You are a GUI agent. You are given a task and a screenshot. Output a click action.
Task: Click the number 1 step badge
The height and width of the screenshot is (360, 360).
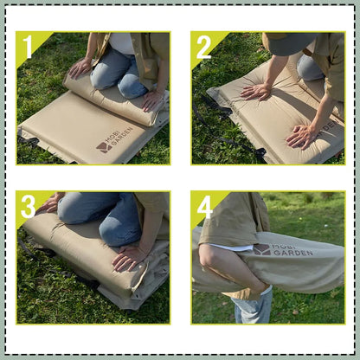tap(29, 47)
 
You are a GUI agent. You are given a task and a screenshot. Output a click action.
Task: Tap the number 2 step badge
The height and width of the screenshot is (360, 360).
tap(203, 47)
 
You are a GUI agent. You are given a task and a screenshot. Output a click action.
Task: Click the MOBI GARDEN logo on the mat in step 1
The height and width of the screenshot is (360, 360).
tap(115, 139)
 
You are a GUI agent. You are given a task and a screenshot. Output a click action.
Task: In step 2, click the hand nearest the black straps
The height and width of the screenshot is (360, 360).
tap(255, 91)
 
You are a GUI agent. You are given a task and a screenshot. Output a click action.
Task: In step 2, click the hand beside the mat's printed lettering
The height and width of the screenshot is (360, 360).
tap(302, 135)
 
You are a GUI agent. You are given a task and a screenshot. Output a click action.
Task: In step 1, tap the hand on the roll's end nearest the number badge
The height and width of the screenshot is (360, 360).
tap(81, 67)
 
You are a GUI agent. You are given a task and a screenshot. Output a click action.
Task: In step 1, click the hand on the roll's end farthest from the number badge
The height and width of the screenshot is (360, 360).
tap(152, 99)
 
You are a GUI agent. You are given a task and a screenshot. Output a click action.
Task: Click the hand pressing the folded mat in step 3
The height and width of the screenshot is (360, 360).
tap(130, 256)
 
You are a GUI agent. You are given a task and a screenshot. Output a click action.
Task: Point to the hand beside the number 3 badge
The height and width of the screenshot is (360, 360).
tap(50, 203)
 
